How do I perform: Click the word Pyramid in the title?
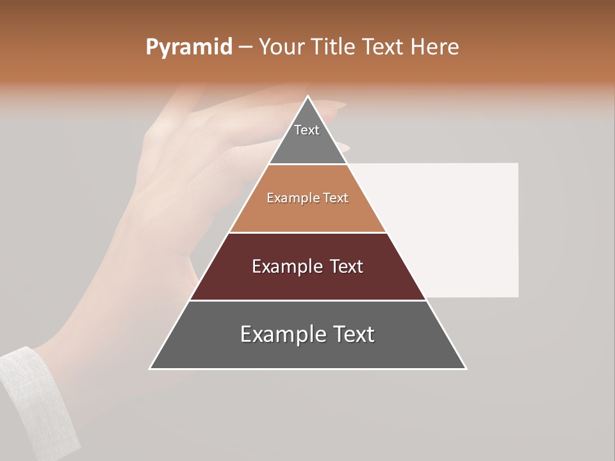188,47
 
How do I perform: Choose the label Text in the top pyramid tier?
307,130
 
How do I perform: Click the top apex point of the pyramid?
308,97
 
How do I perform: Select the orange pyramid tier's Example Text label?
307,198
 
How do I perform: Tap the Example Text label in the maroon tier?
307,266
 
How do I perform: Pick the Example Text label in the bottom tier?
307,334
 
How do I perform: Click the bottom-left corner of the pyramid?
150,368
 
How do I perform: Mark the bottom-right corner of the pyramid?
466,368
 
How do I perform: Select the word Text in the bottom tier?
352,334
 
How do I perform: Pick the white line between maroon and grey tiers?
307,300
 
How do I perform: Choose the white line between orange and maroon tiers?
307,232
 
